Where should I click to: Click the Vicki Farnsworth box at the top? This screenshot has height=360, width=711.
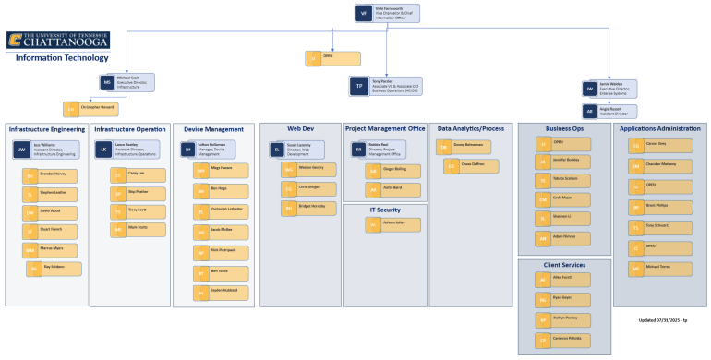387,13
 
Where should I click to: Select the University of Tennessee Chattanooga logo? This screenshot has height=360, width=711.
57,40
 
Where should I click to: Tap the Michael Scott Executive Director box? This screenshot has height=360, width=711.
128,82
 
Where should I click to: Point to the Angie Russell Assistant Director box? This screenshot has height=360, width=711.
610,109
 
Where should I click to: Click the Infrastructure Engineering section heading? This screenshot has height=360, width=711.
47,130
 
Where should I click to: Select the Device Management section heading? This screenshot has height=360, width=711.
213,129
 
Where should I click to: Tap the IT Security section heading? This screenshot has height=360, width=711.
385,210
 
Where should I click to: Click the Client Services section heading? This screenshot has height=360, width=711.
562,265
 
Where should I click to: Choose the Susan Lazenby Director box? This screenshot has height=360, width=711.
299,149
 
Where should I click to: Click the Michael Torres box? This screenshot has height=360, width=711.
659,268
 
